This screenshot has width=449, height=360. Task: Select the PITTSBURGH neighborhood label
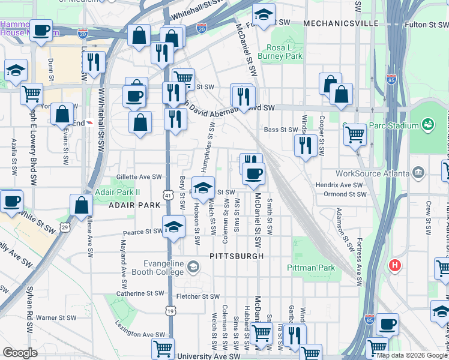tap(237, 256)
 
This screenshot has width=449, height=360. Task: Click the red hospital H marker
tap(395, 265)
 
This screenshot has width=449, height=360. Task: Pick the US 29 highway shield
tap(64, 228)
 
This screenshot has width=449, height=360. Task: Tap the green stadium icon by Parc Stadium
tap(427, 125)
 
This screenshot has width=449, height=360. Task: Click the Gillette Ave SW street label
tap(140, 177)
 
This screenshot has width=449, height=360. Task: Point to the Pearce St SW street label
tap(143, 232)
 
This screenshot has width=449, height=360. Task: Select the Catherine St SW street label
tap(140, 293)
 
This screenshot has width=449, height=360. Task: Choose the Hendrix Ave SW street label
tap(339, 185)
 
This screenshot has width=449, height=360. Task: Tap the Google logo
tap(20, 353)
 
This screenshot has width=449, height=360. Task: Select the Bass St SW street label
tap(281, 130)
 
